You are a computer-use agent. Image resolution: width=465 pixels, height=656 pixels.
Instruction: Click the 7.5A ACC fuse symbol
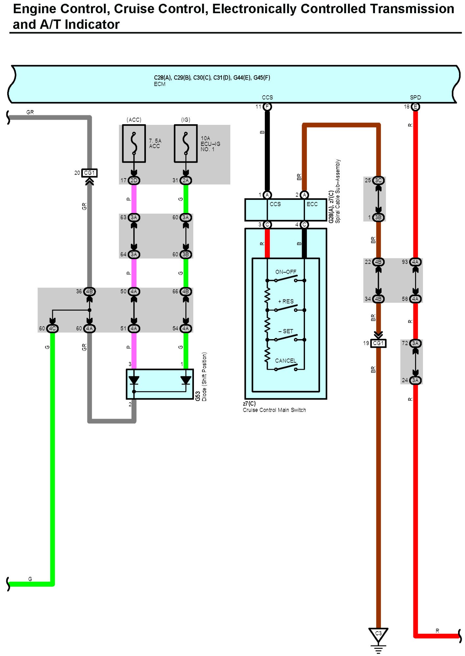[x=134, y=143]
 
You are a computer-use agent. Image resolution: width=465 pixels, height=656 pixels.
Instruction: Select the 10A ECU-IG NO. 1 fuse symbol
[x=186, y=143]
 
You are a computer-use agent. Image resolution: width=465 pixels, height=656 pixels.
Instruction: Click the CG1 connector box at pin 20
[x=89, y=173]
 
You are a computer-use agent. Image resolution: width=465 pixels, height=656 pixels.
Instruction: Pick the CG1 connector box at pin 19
[x=378, y=343]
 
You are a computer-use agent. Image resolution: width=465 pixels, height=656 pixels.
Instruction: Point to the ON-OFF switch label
[x=286, y=272]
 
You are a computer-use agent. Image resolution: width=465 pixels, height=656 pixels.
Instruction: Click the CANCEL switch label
[x=286, y=361]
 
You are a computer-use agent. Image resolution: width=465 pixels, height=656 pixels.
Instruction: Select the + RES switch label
[x=286, y=301]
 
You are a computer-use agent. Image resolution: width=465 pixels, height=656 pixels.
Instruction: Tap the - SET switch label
[x=286, y=331]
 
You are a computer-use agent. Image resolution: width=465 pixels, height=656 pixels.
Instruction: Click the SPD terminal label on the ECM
[x=415, y=97]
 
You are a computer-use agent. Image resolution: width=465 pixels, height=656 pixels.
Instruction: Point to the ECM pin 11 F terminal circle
[x=267, y=106]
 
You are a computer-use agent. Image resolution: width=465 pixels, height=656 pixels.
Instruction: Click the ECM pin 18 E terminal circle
[x=415, y=106]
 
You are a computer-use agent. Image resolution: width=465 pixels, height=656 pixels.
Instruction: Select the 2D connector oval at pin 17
[x=134, y=180]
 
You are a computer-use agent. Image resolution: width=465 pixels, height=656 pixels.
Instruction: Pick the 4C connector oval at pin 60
[x=52, y=328]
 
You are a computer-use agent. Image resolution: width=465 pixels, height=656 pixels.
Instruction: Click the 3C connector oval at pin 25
[x=378, y=180]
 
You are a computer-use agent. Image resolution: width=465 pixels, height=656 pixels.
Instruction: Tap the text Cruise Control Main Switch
[x=274, y=410]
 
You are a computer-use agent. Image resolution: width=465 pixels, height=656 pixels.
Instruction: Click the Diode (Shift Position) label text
[x=204, y=377]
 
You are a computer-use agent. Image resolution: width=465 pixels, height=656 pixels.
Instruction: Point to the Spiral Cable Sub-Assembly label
[x=337, y=191]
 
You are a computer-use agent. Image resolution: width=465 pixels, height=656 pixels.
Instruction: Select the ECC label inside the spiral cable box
[x=312, y=204]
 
